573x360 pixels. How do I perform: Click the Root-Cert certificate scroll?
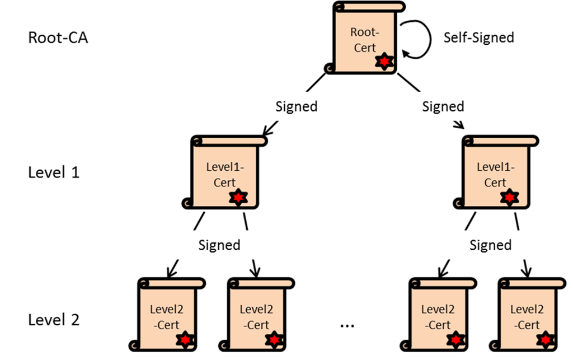tap(364, 39)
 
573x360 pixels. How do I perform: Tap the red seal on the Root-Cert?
tap(384, 60)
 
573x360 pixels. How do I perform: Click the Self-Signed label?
tap(478, 38)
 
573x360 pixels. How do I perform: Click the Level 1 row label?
tap(54, 172)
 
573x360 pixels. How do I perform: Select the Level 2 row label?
tap(54, 320)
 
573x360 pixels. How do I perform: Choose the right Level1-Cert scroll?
tap(495, 174)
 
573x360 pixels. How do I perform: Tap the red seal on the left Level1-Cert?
tap(239, 197)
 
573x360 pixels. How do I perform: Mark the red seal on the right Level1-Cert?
tap(509, 197)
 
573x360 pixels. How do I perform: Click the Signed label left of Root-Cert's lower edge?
tap(297, 106)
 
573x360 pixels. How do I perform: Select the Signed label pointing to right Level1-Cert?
tap(443, 106)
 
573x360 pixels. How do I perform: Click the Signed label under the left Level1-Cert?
tap(219, 245)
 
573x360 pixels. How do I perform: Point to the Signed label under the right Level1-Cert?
tap(490, 245)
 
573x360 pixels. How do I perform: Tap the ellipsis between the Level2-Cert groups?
tap(347, 324)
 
